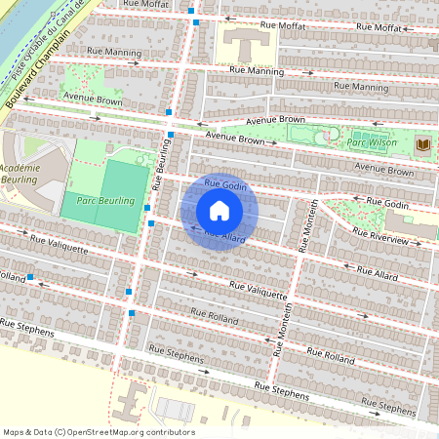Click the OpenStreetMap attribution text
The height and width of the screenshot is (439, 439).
tap(99, 432)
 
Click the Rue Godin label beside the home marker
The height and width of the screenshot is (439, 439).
tap(223, 184)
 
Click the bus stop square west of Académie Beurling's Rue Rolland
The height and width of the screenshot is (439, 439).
tap(31, 277)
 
